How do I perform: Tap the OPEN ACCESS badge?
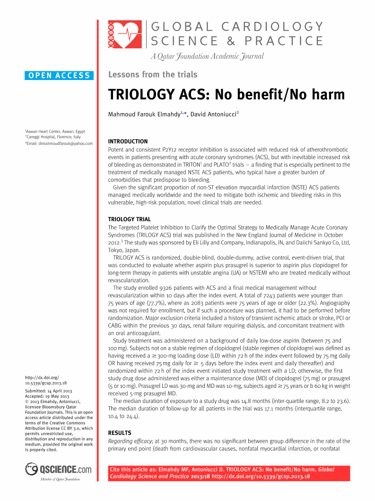(x=59, y=75)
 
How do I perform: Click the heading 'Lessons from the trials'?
(x=153, y=74)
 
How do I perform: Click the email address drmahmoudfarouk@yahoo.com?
(x=66, y=143)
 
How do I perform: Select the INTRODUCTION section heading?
(x=128, y=142)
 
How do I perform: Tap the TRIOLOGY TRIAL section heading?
(x=130, y=219)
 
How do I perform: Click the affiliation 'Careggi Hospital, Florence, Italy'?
(x=53, y=137)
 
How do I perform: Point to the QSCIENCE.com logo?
(x=59, y=469)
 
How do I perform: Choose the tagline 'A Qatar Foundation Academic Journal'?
(x=207, y=57)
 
